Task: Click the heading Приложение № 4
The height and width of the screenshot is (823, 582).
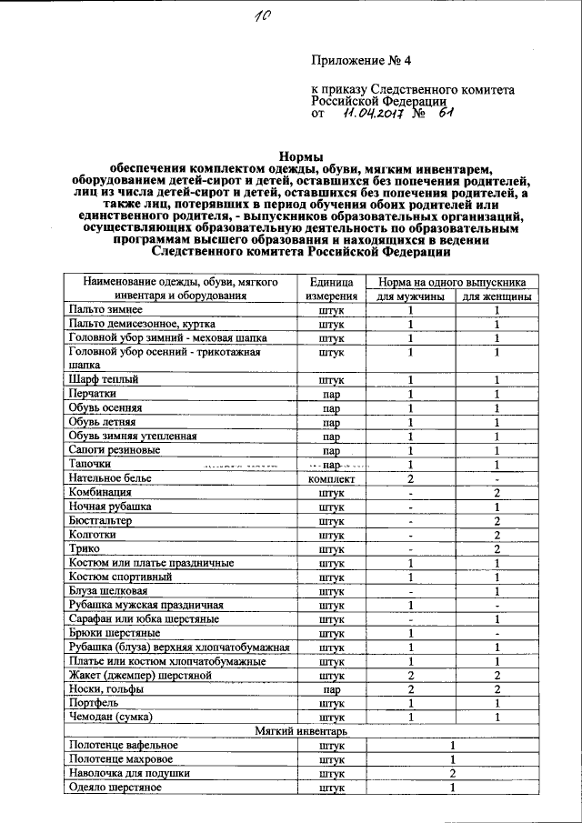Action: (361, 62)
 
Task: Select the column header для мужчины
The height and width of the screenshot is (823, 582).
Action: (410, 297)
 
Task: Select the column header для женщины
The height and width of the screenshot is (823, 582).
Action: (497, 297)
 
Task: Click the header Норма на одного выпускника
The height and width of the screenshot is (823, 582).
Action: (453, 282)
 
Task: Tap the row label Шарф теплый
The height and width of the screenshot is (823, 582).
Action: (101, 380)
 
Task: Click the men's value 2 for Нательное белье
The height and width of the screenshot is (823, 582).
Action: (410, 478)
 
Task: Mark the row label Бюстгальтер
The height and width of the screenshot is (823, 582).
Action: (100, 521)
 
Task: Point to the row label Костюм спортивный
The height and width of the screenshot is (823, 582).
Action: (115, 577)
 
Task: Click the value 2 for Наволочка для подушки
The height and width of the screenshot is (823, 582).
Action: (452, 774)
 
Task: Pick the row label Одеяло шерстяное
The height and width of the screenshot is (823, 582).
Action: (115, 788)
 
